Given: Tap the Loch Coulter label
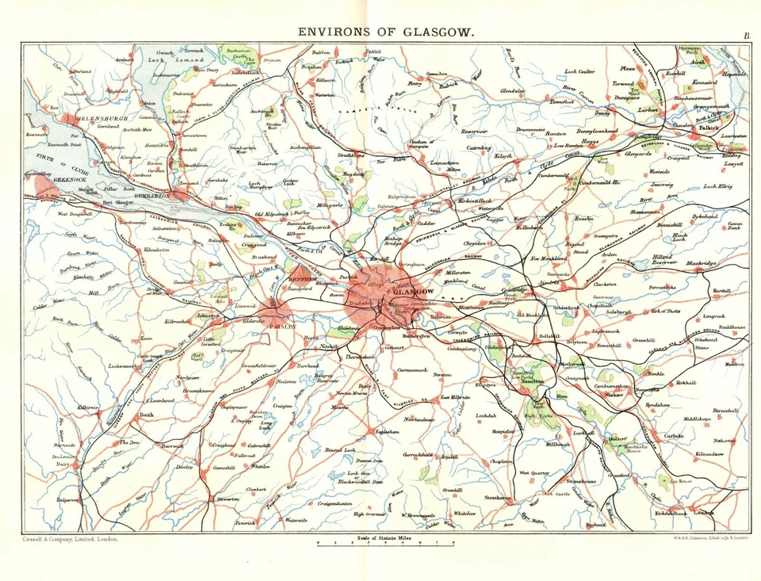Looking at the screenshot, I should point(579,72).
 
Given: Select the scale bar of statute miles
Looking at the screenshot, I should point(385,543).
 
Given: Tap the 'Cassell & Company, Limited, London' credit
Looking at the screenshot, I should point(66,539).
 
